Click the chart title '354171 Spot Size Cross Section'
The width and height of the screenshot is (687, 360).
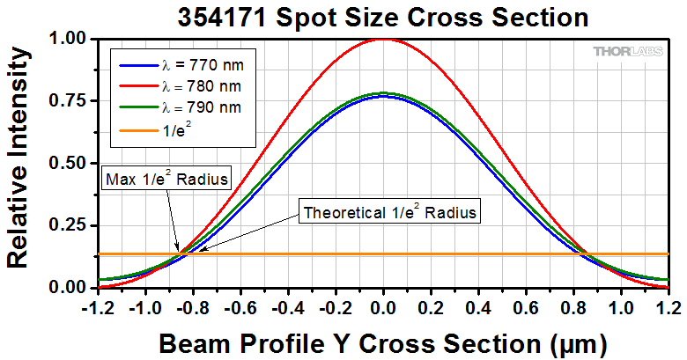pyautogui.click(x=382, y=17)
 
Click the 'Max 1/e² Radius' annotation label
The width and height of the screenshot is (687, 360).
pyautogui.click(x=167, y=180)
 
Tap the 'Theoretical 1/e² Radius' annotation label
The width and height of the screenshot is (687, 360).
pyautogui.click(x=390, y=212)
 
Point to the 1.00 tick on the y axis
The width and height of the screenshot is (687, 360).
pyautogui.click(x=68, y=39)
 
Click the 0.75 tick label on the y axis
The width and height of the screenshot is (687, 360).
pyautogui.click(x=68, y=101)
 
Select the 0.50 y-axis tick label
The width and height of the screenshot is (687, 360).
pyautogui.click(x=68, y=164)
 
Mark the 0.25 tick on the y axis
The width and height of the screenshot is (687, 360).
pyautogui.click(x=68, y=226)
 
